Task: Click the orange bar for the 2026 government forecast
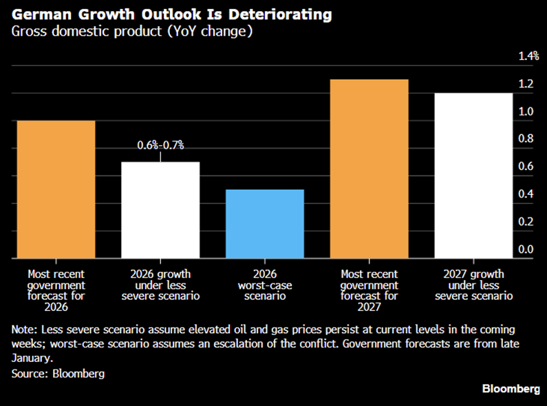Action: [x=56, y=189]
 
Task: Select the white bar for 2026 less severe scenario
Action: [x=160, y=210]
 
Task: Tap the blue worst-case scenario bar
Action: [x=265, y=224]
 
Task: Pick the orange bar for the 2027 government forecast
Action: [x=369, y=169]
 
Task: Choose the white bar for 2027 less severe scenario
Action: [x=474, y=175]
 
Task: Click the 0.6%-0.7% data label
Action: [x=160, y=145]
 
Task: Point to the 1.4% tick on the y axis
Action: [x=528, y=56]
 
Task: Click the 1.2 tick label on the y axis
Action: [x=526, y=84]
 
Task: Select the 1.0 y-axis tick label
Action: [x=526, y=111]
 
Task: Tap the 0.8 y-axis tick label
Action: [x=526, y=139]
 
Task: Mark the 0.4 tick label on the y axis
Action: [x=526, y=194]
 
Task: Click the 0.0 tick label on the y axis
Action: [x=526, y=249]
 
